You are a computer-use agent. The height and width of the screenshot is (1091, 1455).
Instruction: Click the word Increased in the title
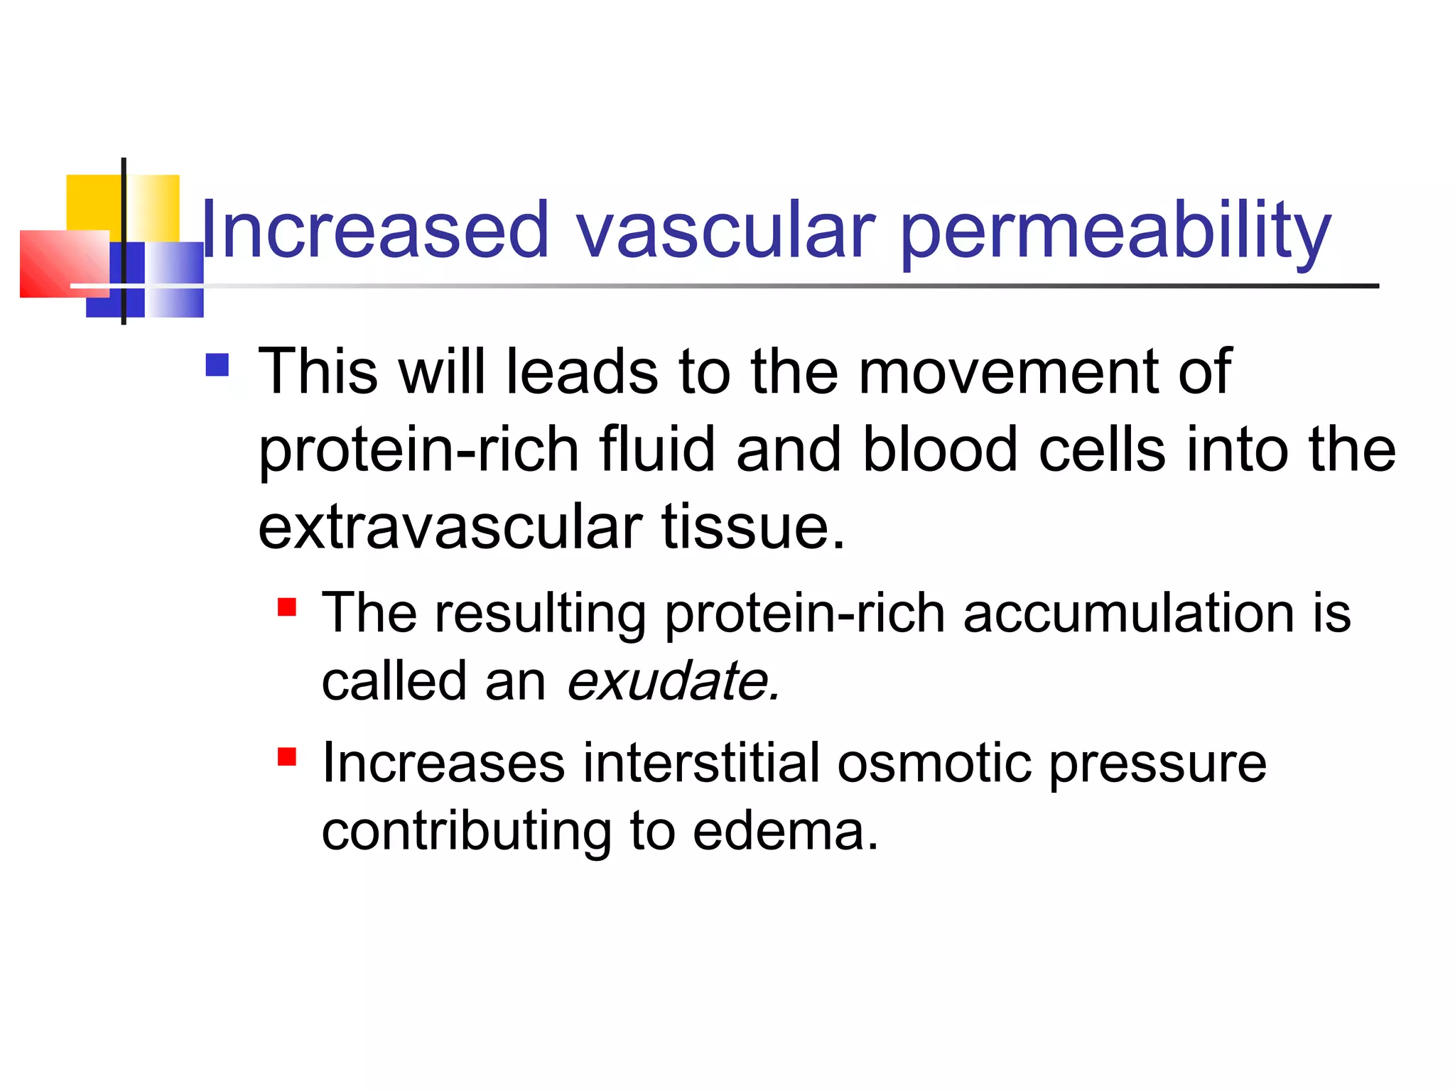375,230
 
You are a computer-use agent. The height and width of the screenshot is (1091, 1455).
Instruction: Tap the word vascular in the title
725,230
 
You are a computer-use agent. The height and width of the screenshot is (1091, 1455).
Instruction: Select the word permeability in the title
1115,232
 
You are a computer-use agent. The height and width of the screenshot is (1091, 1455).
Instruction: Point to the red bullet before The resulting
286,607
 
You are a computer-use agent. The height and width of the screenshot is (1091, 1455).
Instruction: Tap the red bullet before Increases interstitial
286,756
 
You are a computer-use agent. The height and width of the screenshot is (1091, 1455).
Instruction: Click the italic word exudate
673,680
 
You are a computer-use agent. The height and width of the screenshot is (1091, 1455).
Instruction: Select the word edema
785,831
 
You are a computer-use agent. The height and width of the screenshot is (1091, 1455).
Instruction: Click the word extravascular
450,527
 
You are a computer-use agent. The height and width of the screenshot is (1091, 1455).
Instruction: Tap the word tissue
753,527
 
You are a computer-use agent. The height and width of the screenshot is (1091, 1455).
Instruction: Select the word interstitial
702,764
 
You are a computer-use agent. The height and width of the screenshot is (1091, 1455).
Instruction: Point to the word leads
581,372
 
